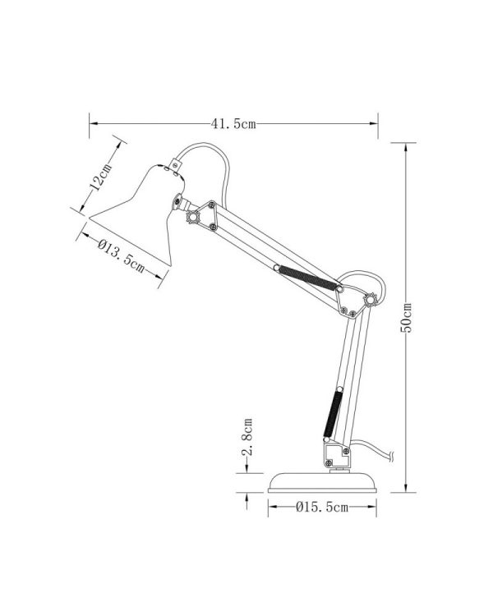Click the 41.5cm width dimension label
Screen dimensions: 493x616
click(233, 124)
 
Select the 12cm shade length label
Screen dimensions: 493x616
click(100, 177)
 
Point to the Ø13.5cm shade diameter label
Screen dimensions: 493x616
click(122, 256)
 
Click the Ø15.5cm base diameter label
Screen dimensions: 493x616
click(322, 508)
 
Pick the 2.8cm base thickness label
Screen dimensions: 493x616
click(246, 437)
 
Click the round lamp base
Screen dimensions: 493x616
click(322, 482)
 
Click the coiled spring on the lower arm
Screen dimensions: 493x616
click(333, 412)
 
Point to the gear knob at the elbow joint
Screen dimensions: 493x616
click(371, 300)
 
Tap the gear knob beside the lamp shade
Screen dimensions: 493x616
click(193, 217)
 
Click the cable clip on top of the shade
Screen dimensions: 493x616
click(175, 165)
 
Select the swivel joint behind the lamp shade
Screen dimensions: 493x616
click(179, 202)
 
